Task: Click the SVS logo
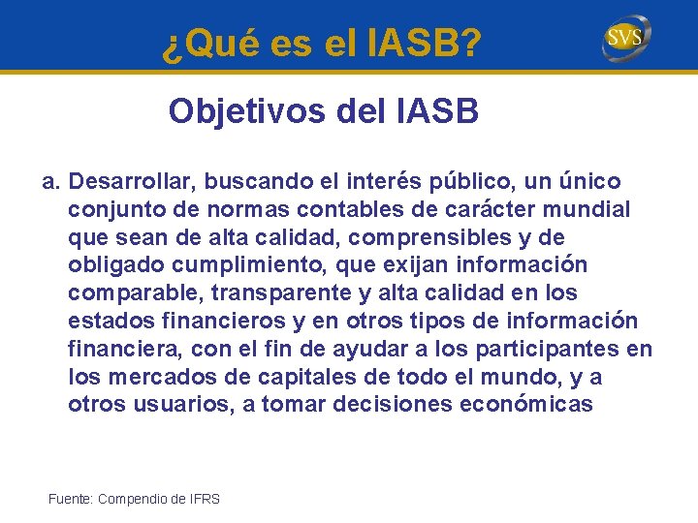626,39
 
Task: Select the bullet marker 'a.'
51,182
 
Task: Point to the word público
472,182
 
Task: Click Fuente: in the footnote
70,499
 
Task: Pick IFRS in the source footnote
205,499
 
